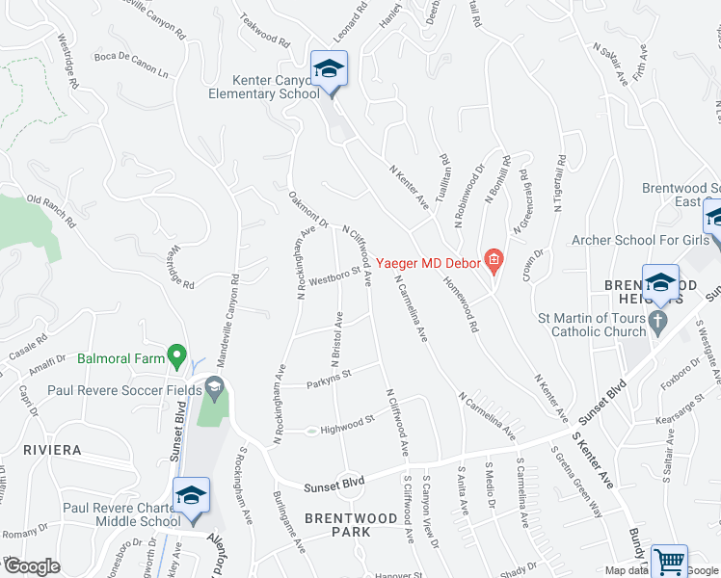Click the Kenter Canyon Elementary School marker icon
(329, 70)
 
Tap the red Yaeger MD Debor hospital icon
(494, 259)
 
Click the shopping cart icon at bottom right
(669, 561)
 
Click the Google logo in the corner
(31, 566)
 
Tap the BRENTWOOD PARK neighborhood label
(351, 525)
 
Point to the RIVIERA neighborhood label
(52, 450)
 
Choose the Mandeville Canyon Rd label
(234, 318)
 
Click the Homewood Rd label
(461, 305)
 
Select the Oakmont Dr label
(308, 209)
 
